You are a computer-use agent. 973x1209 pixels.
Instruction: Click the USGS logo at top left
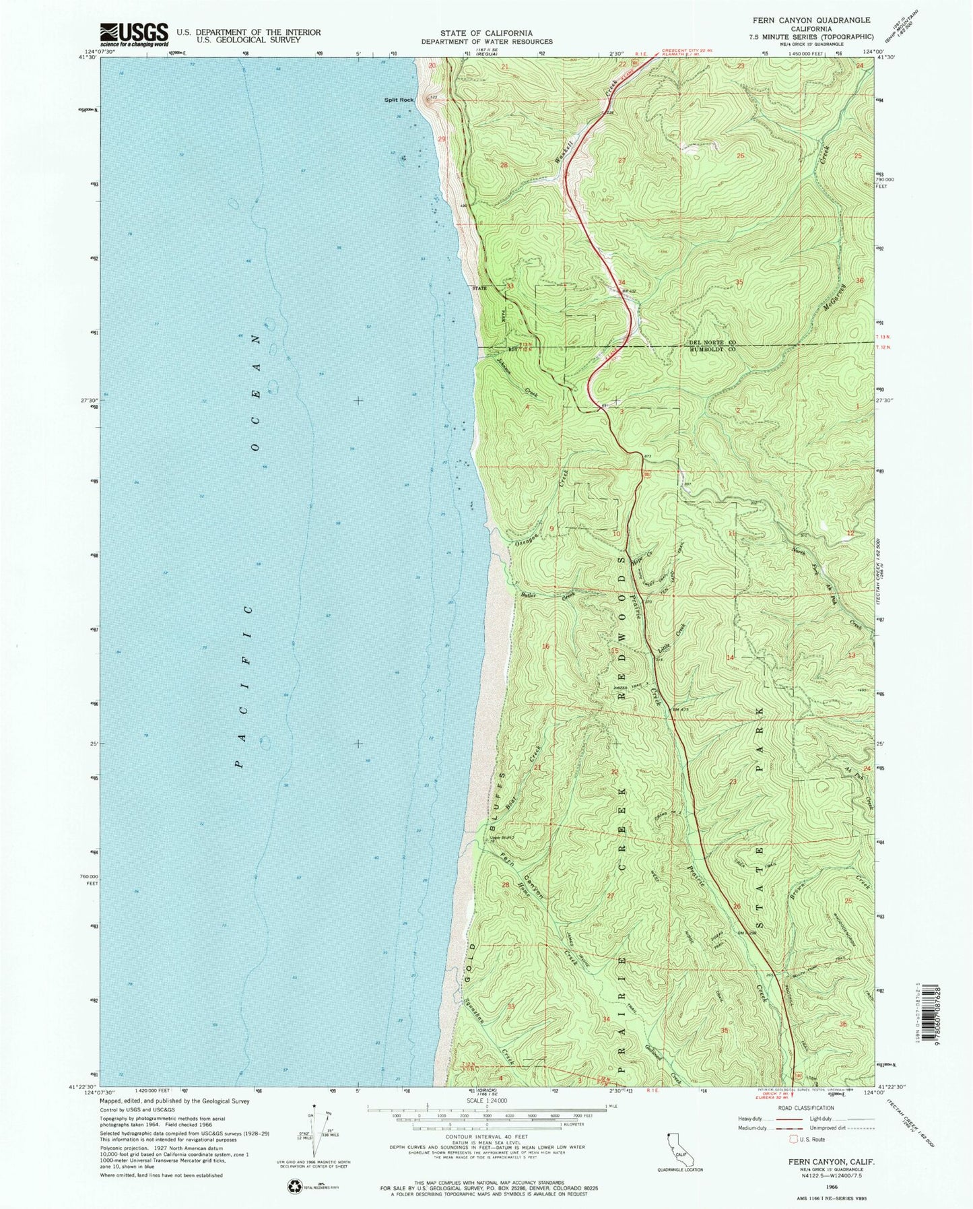pos(133,34)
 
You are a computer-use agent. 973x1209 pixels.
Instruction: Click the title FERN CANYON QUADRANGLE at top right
pos(806,21)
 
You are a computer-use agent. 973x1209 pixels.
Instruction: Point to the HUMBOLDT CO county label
pos(712,350)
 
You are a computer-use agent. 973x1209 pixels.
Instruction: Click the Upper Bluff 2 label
pos(502,839)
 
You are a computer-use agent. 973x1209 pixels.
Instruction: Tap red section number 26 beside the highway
pos(737,907)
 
